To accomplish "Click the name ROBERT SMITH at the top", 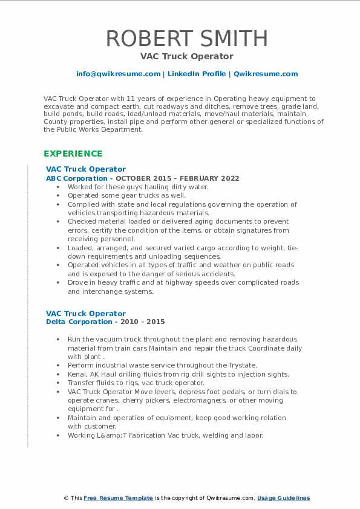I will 187,39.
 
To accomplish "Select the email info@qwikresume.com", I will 118,74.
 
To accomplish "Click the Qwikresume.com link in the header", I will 266,74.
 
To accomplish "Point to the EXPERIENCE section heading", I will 73,154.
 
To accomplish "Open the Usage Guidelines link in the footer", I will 283,498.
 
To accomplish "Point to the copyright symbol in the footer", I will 66,498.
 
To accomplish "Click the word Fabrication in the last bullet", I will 129,435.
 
